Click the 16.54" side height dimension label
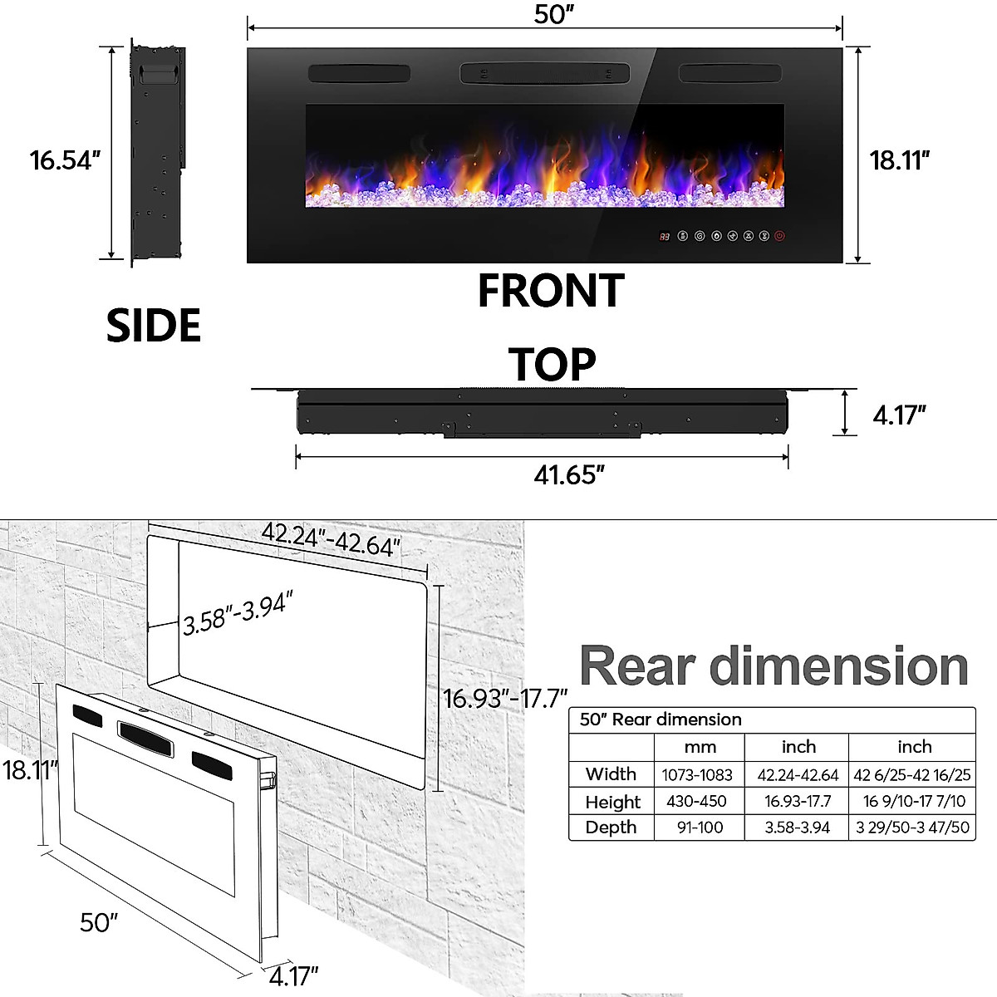[65, 160]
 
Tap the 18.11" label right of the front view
[899, 160]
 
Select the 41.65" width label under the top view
[569, 474]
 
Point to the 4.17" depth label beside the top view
[899, 415]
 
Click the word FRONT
[551, 291]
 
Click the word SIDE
[154, 325]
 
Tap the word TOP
[552, 365]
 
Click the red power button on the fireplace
[779, 237]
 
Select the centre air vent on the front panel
[545, 73]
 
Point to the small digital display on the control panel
[665, 237]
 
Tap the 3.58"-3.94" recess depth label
[238, 613]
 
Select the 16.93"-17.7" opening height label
[505, 698]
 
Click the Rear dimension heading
[774, 666]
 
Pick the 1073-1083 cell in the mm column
[697, 775]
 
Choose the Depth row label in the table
[611, 828]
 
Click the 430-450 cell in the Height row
[696, 801]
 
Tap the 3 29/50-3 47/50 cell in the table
[912, 828]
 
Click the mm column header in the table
[700, 747]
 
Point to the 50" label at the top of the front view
[554, 14]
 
